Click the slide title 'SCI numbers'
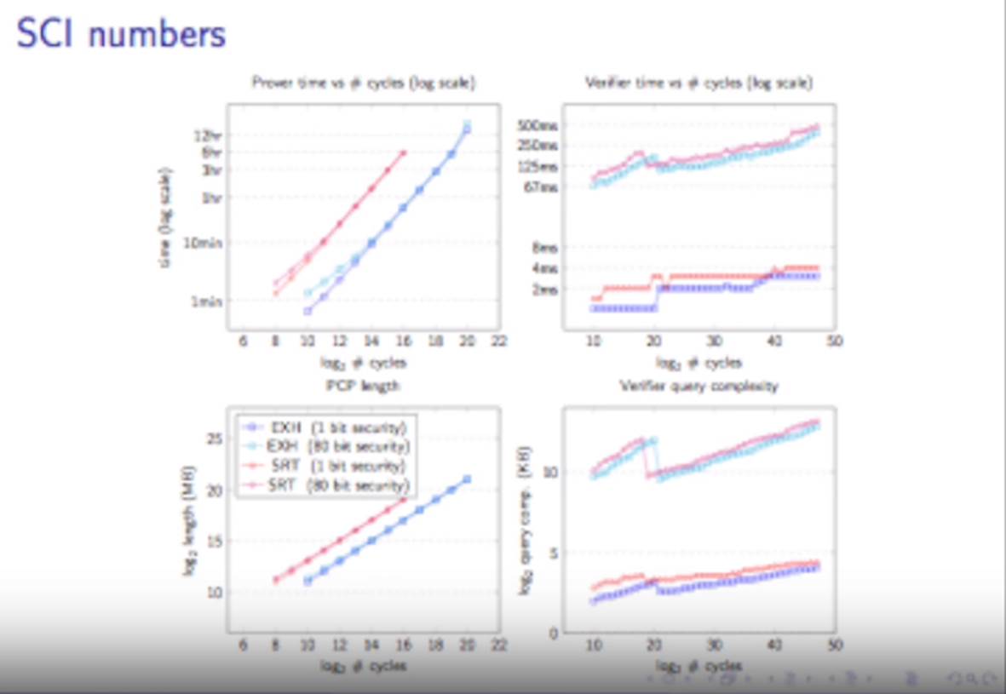[121, 35]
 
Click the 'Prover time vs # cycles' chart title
[363, 83]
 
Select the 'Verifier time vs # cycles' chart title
[698, 83]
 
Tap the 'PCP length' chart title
[363, 386]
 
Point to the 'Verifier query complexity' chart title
[698, 386]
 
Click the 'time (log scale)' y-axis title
[164, 218]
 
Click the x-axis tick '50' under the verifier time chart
[834, 340]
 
